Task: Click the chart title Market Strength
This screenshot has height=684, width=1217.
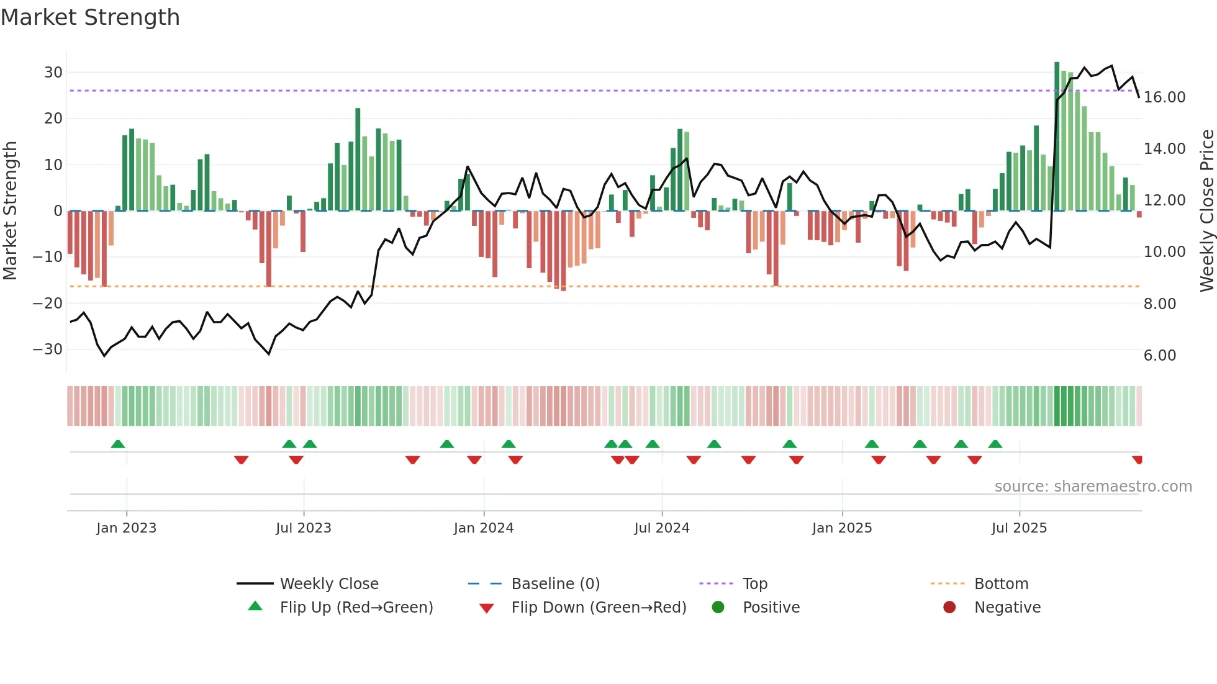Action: pos(90,17)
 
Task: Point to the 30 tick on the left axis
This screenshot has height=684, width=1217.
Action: pos(53,73)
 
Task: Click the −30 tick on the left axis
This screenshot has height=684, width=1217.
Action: pos(48,349)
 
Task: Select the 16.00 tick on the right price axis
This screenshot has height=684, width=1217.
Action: pos(1164,97)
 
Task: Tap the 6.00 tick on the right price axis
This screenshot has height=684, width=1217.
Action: pos(1160,356)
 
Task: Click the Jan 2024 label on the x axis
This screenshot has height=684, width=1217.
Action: pos(484,528)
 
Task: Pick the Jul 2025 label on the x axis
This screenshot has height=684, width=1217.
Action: pos(1019,528)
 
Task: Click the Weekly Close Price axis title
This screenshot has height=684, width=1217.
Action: pos(1206,211)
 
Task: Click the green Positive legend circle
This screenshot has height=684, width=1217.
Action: pos(718,608)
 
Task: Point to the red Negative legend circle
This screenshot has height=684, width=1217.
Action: pos(949,608)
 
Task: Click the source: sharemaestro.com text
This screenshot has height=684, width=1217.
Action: pos(1093,487)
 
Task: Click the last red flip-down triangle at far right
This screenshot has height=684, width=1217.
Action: pos(1137,459)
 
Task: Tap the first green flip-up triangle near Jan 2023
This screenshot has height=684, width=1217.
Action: pos(118,444)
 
